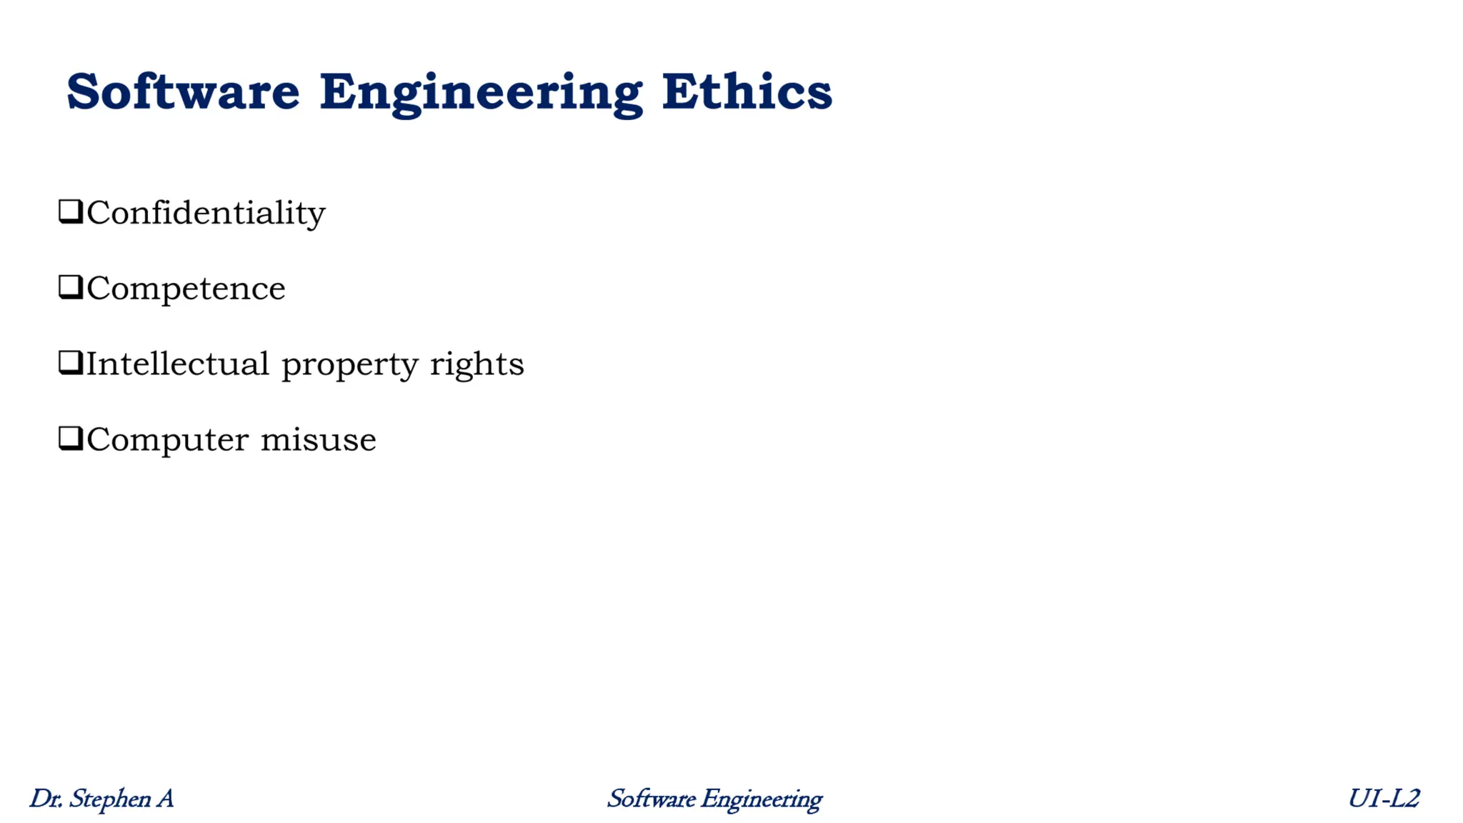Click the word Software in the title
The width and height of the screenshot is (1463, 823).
[183, 92]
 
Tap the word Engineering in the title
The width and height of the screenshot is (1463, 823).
[480, 94]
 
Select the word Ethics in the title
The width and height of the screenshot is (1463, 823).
[747, 92]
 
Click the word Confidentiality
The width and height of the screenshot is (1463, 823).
[206, 213]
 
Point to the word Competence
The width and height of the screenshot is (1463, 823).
[186, 289]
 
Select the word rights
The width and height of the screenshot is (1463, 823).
[476, 364]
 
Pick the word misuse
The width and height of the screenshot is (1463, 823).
[318, 439]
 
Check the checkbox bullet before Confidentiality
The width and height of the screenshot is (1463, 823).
[71, 212]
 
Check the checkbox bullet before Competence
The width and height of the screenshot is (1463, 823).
[71, 287]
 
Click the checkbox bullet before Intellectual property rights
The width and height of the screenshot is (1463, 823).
[71, 363]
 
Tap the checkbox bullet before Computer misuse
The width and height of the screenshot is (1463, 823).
[71, 439]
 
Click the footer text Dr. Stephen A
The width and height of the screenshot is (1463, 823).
[101, 799]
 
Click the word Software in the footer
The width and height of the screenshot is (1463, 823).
[651, 799]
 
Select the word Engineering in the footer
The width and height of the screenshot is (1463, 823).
[761, 799]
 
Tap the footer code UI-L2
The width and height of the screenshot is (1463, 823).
[1383, 798]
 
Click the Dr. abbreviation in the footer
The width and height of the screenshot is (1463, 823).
[46, 799]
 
